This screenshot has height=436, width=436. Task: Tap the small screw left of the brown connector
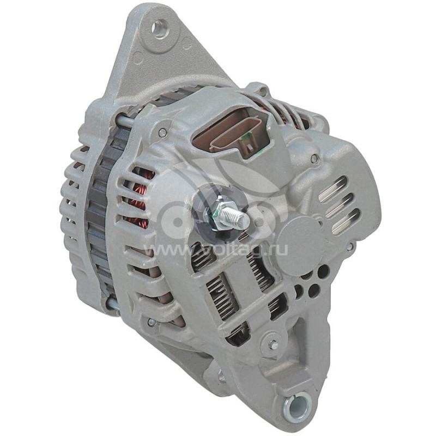click(162, 132)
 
